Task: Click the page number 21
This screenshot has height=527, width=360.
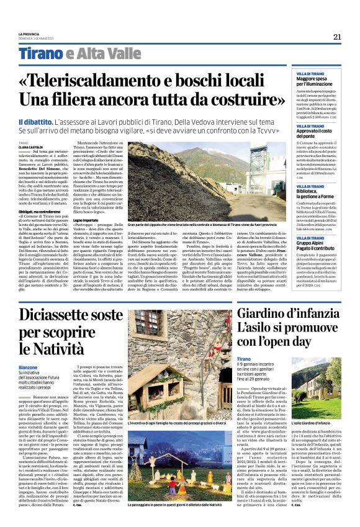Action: [x=337, y=37]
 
